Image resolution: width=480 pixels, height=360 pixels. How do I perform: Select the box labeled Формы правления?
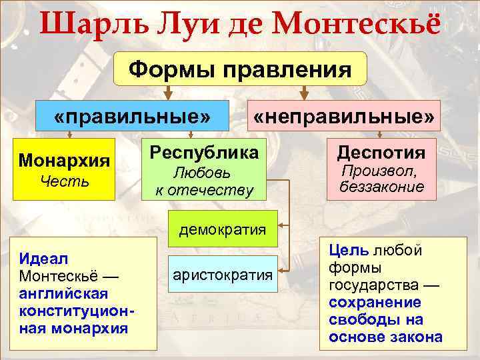(x=240, y=69)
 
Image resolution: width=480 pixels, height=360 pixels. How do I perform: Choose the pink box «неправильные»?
(x=343, y=117)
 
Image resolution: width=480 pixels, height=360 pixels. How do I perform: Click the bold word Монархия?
(x=65, y=161)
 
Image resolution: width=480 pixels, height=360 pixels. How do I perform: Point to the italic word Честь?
(x=65, y=181)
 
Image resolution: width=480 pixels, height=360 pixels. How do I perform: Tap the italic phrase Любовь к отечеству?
(x=203, y=181)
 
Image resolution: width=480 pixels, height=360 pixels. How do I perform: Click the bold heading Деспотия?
(x=381, y=153)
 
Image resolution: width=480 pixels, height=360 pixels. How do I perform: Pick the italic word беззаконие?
(x=381, y=187)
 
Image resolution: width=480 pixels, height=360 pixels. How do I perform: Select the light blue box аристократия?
(x=222, y=274)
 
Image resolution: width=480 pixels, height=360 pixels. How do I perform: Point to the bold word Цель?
(x=349, y=251)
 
